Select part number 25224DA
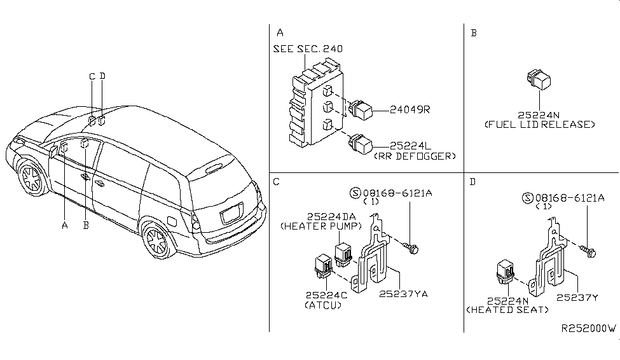click(x=313, y=217)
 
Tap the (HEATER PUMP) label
click(x=313, y=226)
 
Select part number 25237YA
click(x=403, y=294)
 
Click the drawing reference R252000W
click(x=588, y=329)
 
